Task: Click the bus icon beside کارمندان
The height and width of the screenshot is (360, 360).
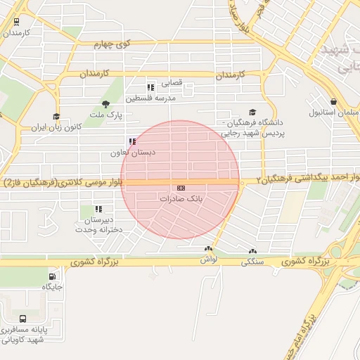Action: pyautogui.click(x=15, y=21)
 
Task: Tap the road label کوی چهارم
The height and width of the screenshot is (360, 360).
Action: pyautogui.click(x=113, y=44)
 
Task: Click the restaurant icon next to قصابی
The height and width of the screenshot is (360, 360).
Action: pyautogui.click(x=150, y=87)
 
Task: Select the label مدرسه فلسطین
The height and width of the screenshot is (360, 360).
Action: pyautogui.click(x=150, y=98)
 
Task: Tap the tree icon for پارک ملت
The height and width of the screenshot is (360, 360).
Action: pyautogui.click(x=106, y=104)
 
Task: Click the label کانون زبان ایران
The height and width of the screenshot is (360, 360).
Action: pyautogui.click(x=56, y=129)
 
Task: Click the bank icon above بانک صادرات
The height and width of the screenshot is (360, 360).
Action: pyautogui.click(x=181, y=188)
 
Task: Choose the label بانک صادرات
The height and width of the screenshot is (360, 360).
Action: pyautogui.click(x=181, y=200)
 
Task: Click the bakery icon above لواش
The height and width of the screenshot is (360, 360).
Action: pyautogui.click(x=208, y=250)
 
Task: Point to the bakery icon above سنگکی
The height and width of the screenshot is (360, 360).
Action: pyautogui.click(x=252, y=251)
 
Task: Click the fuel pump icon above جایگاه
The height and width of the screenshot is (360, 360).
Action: pyautogui.click(x=53, y=276)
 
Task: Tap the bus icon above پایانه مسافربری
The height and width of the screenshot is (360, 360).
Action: pyautogui.click(x=23, y=318)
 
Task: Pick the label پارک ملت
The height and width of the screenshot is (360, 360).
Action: pyautogui.click(x=110, y=114)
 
